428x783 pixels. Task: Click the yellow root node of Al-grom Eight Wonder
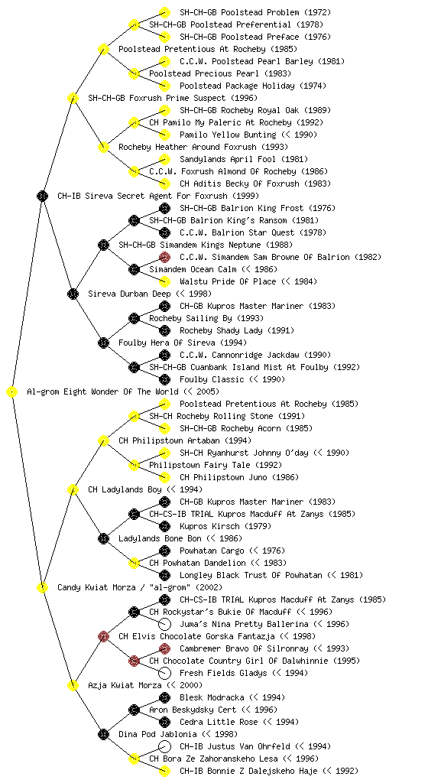[x=12, y=392]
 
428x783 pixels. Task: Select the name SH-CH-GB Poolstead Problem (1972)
[x=255, y=12]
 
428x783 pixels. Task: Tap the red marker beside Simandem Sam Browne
[x=164, y=257]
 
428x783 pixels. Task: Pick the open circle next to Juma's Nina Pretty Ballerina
[x=164, y=624]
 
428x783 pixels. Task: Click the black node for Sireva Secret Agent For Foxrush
[x=42, y=197]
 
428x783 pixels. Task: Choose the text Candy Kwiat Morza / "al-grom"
[x=140, y=588]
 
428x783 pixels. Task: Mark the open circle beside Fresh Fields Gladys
[x=164, y=673]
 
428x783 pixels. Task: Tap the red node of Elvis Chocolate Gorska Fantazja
[x=103, y=637]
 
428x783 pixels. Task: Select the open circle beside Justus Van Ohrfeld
[x=164, y=746]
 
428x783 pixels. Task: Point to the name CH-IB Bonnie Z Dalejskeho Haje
[x=269, y=771]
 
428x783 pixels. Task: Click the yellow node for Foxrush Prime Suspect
[x=73, y=99]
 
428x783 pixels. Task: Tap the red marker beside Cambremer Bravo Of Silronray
[x=164, y=648]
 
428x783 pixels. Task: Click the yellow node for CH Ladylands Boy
[x=73, y=490]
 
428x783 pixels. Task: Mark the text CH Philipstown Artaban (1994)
[x=184, y=441]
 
